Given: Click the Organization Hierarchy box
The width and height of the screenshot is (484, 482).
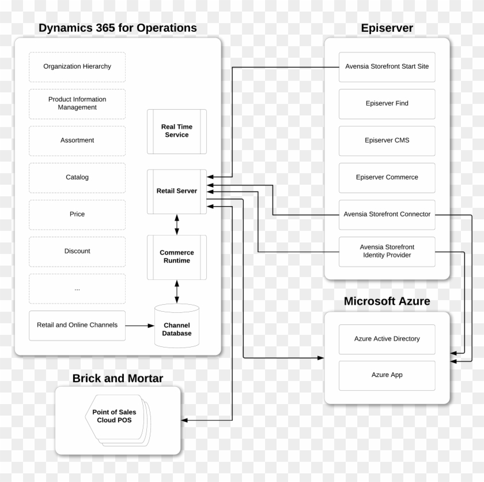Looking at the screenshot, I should pyautogui.click(x=77, y=66).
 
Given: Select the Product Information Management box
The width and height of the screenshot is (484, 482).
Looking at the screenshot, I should pyautogui.click(x=77, y=103).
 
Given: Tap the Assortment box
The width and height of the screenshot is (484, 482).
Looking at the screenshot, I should pyautogui.click(x=77, y=140).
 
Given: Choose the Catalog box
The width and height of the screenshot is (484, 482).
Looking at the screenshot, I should pyautogui.click(x=77, y=177).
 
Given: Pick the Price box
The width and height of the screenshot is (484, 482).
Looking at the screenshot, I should pyautogui.click(x=77, y=214).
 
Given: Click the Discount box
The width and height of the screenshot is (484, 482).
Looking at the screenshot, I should pyautogui.click(x=77, y=251).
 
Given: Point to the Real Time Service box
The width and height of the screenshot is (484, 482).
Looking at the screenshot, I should pyautogui.click(x=177, y=131).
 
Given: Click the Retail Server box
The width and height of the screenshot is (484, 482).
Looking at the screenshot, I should pyautogui.click(x=177, y=191).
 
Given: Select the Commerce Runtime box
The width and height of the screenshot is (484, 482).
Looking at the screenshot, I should pyautogui.click(x=177, y=257).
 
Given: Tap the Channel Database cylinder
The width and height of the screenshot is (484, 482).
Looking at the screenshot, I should pyautogui.click(x=177, y=327).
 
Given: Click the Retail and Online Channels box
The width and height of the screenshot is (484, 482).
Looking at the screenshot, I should pyautogui.click(x=77, y=325).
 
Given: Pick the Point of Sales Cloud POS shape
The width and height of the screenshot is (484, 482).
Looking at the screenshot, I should pyautogui.click(x=115, y=416).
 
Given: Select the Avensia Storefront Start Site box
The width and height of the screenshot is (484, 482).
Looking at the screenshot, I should pyautogui.click(x=387, y=66).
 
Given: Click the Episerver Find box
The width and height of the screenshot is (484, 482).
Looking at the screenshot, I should pyautogui.click(x=387, y=103).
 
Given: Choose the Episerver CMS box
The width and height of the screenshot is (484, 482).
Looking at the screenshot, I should pyautogui.click(x=387, y=140).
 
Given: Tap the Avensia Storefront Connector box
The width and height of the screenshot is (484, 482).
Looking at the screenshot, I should pyautogui.click(x=387, y=214).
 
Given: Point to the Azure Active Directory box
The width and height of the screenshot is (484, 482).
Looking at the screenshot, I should pyautogui.click(x=387, y=339).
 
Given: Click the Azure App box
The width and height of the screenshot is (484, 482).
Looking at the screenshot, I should pyautogui.click(x=387, y=375).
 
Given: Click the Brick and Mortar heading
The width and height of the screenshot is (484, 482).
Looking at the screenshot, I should pyautogui.click(x=118, y=379).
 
